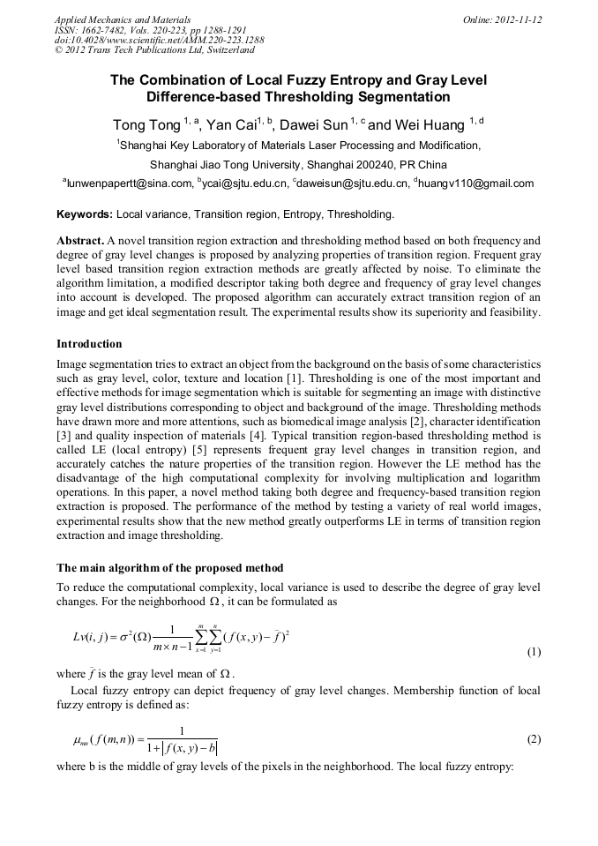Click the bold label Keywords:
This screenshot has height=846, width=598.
coord(85,214)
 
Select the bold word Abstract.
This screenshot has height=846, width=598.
coord(79,240)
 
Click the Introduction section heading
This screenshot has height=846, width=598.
coord(89,343)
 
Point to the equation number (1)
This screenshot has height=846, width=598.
coord(534,652)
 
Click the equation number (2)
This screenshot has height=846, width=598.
coord(534,739)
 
